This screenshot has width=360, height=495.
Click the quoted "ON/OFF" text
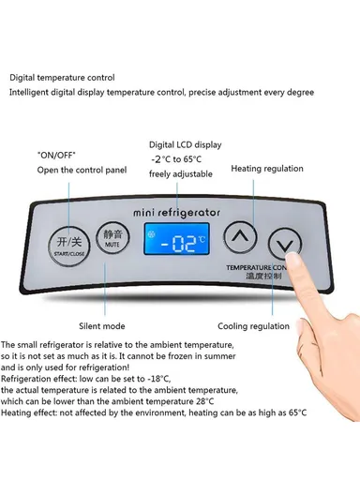(x=56, y=154)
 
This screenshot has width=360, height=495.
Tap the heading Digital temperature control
(x=62, y=77)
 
